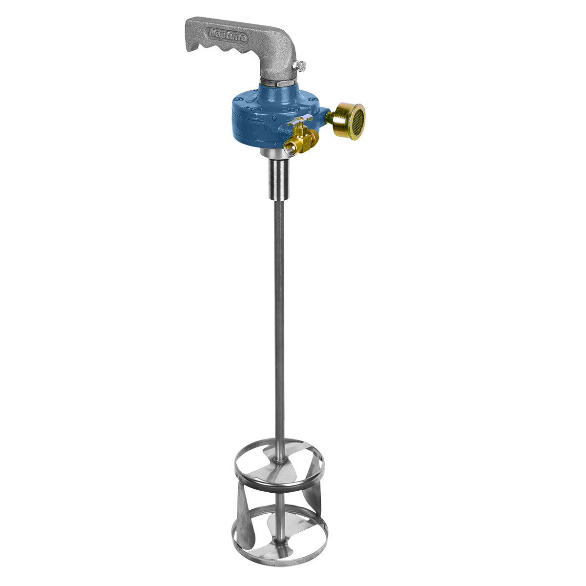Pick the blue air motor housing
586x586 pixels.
click(259, 117)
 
